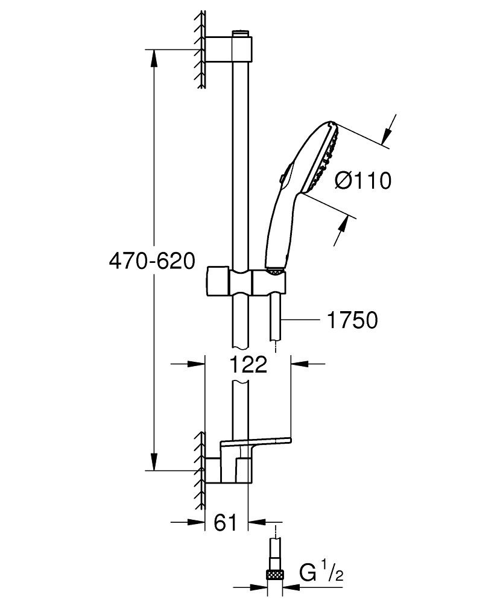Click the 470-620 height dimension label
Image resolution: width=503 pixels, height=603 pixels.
point(151,261)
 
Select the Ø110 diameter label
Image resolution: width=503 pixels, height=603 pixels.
point(362,180)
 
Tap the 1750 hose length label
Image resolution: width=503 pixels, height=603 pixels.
point(352,320)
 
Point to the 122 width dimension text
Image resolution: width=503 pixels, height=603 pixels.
point(248,364)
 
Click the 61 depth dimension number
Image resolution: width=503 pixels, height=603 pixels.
point(225,523)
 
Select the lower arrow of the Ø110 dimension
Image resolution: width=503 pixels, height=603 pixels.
point(343,230)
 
